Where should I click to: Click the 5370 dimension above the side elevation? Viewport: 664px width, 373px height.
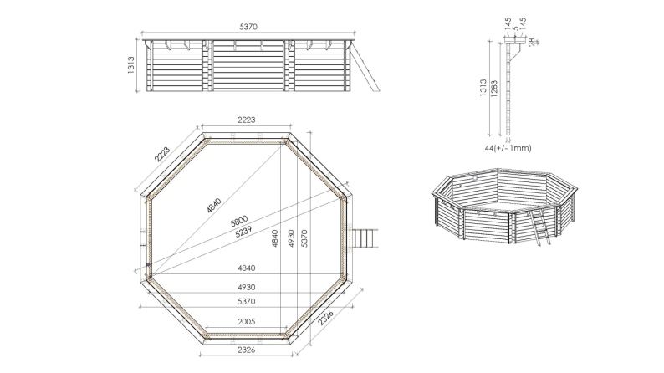coord(248,27)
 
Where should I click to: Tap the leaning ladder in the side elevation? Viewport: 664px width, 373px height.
coord(365,67)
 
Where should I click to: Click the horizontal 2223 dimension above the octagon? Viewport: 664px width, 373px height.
coord(247,121)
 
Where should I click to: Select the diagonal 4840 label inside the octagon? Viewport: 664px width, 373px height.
coord(213,204)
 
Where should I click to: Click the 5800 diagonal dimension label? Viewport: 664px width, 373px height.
coord(238,222)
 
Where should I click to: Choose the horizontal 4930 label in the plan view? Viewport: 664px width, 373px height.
coord(245,287)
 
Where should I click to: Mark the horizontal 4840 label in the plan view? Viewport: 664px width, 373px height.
coord(245,268)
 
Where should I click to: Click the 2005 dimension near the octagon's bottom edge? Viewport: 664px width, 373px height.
coord(245,322)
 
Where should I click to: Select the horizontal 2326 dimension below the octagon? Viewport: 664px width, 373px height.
coord(245,349)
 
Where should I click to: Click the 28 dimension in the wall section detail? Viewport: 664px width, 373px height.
coord(530,41)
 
